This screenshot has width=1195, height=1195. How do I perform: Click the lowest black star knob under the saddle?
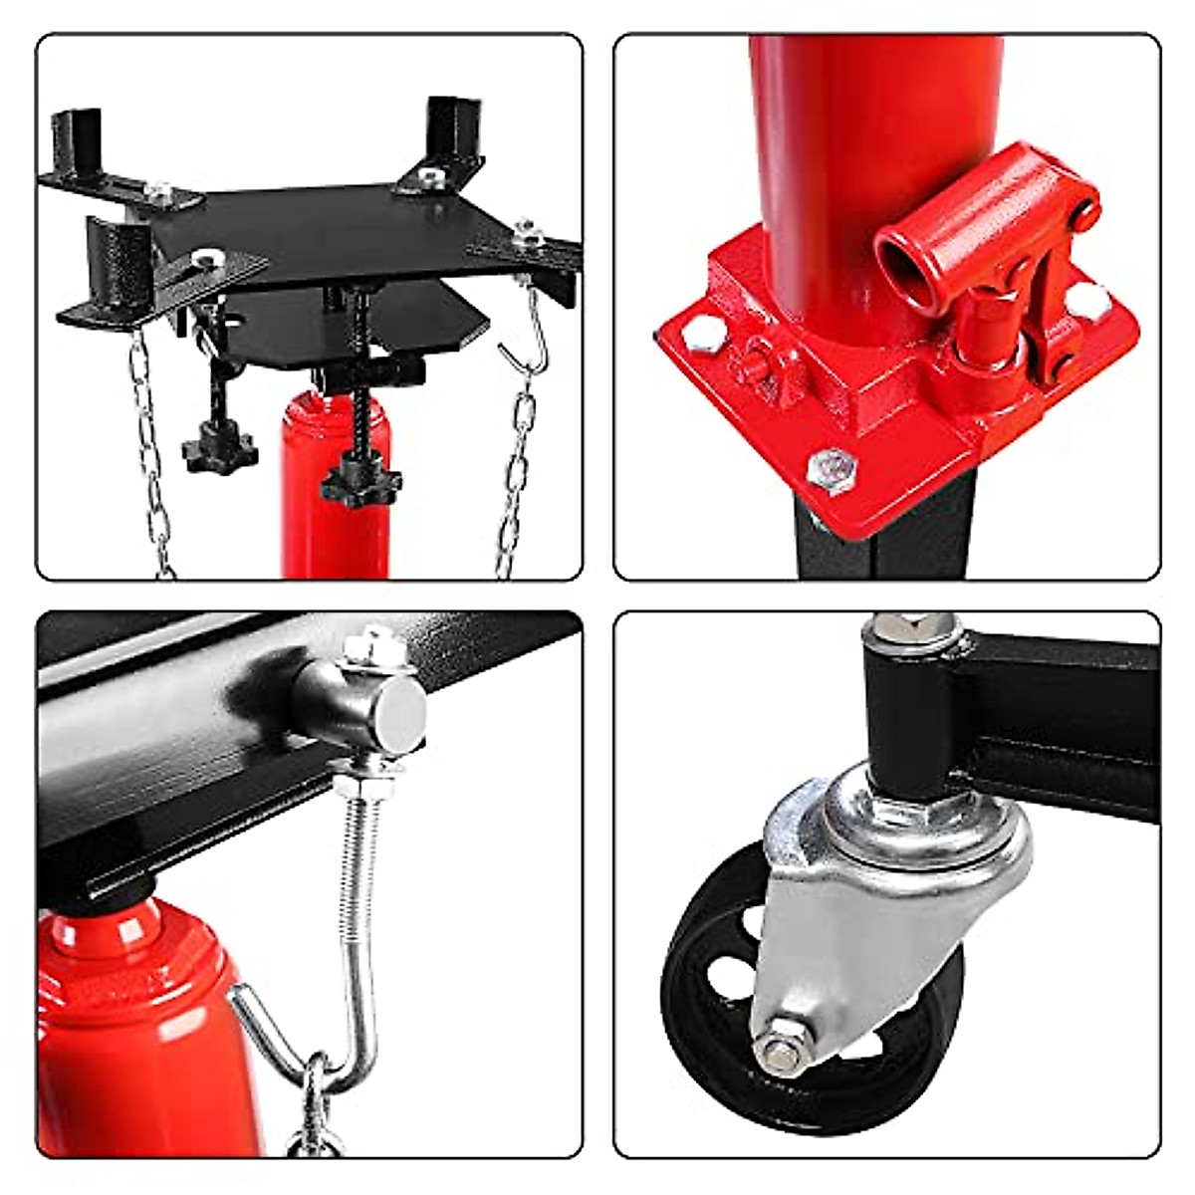[360, 481]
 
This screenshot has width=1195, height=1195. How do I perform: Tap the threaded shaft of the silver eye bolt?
[356, 876]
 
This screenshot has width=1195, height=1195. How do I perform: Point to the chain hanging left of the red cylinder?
[149, 448]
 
